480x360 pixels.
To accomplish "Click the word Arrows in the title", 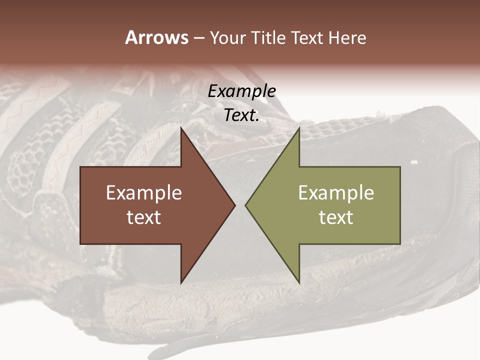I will tap(156, 37).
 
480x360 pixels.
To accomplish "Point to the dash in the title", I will tap(198, 38).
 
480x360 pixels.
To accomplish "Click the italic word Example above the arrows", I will tap(242, 91).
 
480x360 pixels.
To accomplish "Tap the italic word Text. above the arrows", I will tap(242, 115).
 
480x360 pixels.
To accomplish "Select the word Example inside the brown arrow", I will tap(144, 193).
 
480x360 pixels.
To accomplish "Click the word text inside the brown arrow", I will tap(144, 217).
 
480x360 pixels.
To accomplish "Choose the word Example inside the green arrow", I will tap(336, 193).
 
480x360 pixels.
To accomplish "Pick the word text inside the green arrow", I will tap(336, 217).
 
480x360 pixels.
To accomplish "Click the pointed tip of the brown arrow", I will tap(234, 205).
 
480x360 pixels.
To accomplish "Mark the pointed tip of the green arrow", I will tap(246, 205).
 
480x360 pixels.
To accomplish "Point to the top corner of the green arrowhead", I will tap(299, 128).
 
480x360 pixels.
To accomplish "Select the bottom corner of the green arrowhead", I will tap(299, 282).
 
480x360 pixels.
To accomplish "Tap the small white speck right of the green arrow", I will tap(413, 162).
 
